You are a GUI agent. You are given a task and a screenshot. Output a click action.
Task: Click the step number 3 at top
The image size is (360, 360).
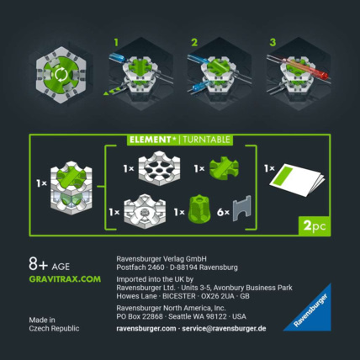pos(272,40)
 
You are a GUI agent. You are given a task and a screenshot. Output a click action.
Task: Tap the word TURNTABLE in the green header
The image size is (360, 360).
pos(204,140)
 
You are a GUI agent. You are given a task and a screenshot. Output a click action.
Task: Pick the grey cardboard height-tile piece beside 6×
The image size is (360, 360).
pos(245,209)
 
